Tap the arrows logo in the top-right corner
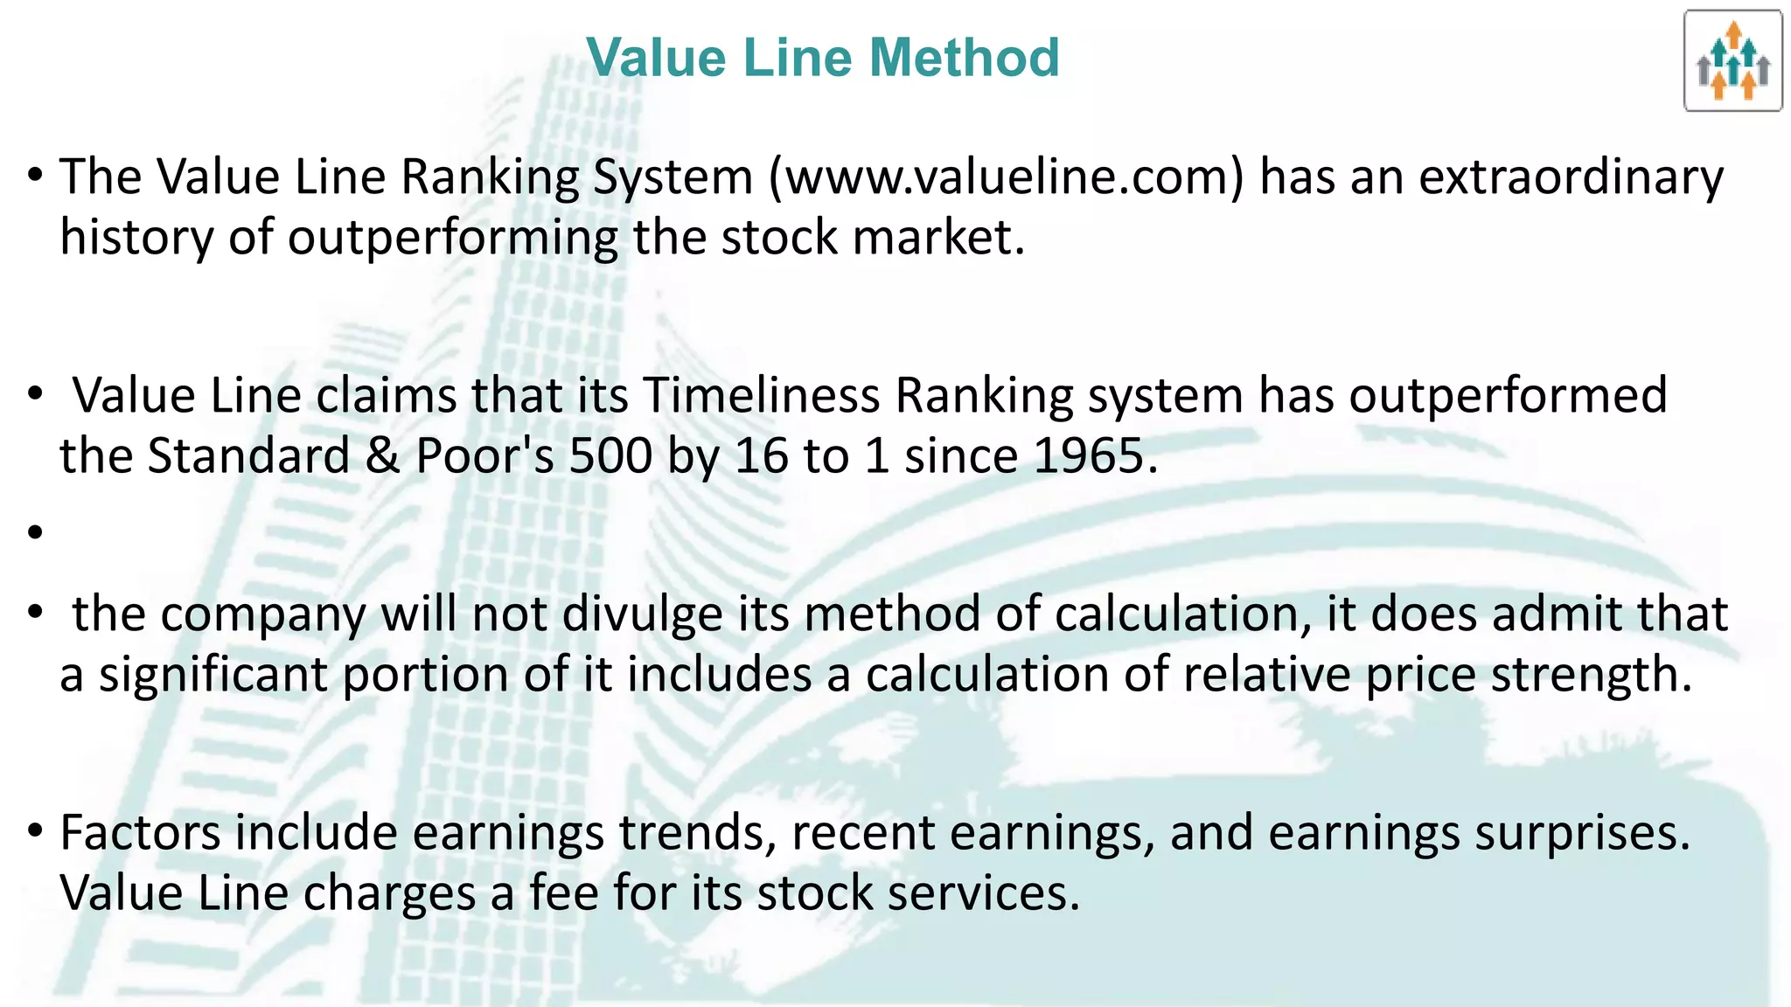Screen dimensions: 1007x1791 (x=1732, y=61)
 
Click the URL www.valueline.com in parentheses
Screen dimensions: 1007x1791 (x=1007, y=177)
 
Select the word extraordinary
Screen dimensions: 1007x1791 (x=1571, y=177)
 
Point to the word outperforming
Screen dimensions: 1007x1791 (x=452, y=238)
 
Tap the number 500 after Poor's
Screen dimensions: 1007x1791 (x=610, y=456)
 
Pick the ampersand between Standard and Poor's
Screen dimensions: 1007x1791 (x=382, y=456)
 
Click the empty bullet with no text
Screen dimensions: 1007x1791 (x=35, y=531)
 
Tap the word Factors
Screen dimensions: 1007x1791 (x=140, y=832)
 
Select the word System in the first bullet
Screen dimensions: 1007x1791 (x=672, y=177)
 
